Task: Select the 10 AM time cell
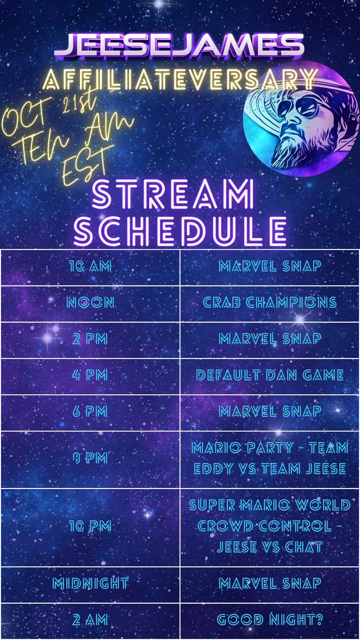click(90, 267)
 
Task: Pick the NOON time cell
click(90, 303)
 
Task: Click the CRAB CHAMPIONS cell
click(269, 303)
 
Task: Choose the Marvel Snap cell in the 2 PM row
click(269, 339)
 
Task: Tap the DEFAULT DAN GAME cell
click(269, 375)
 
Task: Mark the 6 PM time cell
click(90, 412)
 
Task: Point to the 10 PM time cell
click(90, 526)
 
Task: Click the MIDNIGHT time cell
click(90, 584)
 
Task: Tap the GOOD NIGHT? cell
click(269, 620)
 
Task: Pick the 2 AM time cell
click(90, 620)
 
